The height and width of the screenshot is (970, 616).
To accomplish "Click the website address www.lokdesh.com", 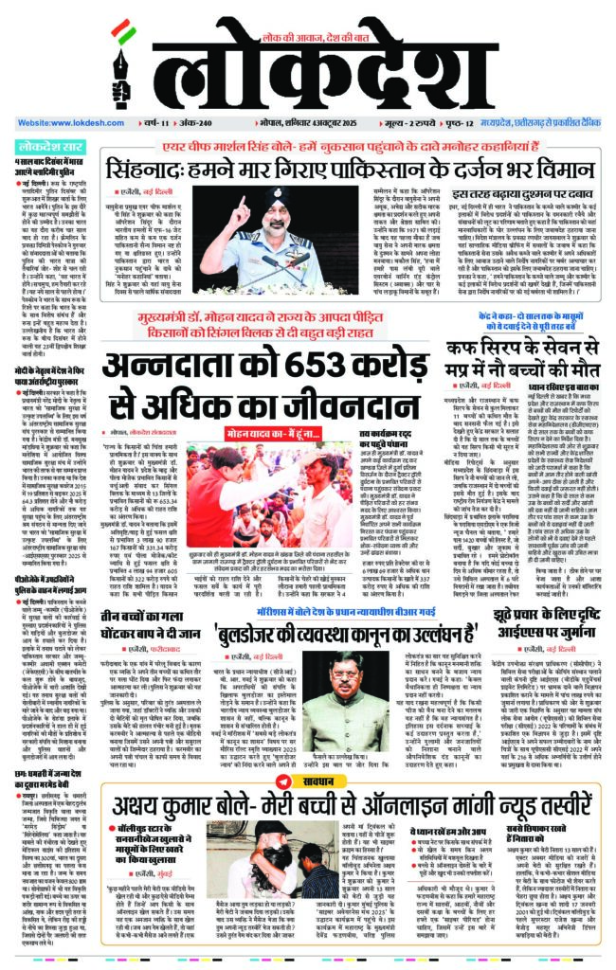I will pos(61,123).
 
